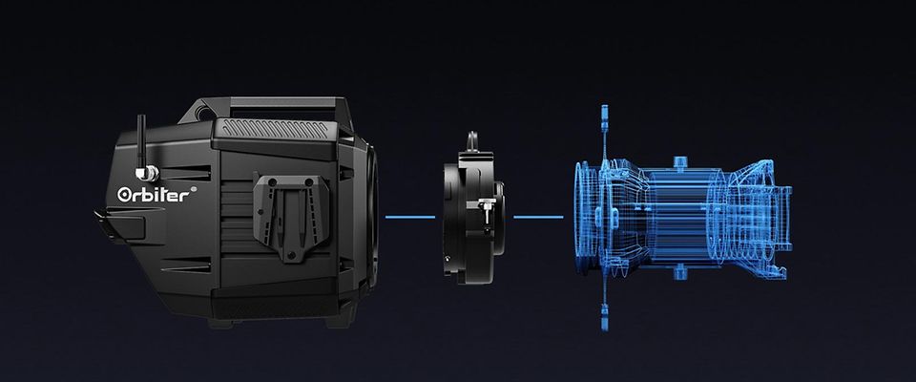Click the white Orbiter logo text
click(x=154, y=195)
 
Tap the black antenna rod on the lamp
click(x=141, y=140)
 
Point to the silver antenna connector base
click(x=147, y=173)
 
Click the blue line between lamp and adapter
click(x=410, y=217)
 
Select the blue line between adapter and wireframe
click(x=538, y=217)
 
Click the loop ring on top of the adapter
click(x=472, y=139)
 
